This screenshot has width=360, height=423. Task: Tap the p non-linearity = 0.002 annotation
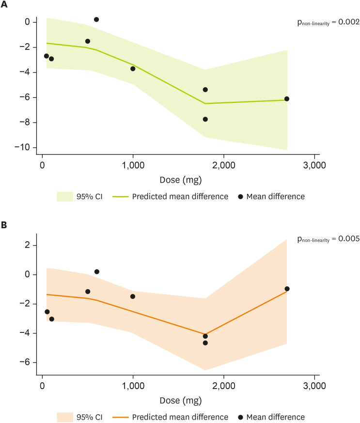pyautogui.click(x=328, y=22)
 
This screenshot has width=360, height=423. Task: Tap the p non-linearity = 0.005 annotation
pyautogui.click(x=328, y=238)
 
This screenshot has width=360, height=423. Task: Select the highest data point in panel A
pyautogui.click(x=96, y=19)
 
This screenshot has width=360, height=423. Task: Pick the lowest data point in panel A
pyautogui.click(x=205, y=119)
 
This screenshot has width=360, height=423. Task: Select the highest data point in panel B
pyautogui.click(x=97, y=272)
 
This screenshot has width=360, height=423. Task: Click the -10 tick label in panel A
pyautogui.click(x=23, y=147)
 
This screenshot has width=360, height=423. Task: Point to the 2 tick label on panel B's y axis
pyautogui.click(x=28, y=246)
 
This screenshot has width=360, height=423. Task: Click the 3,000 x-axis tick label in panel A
pyautogui.click(x=314, y=165)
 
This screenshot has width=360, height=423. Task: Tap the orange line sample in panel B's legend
pyautogui.click(x=123, y=417)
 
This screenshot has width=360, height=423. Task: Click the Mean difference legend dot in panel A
pyautogui.click(x=240, y=196)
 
